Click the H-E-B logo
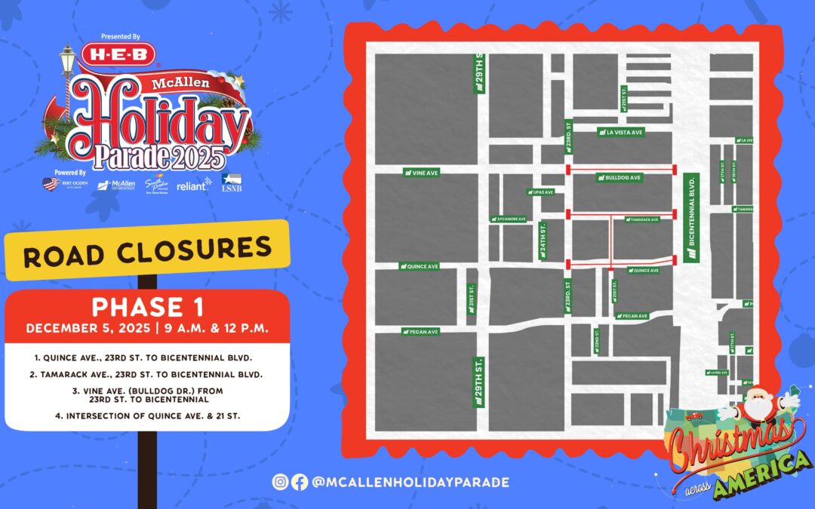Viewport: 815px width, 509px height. point(123,54)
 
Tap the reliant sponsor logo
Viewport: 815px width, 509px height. point(194,184)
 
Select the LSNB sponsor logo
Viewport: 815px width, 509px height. point(232,182)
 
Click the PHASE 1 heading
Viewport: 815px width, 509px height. point(147,308)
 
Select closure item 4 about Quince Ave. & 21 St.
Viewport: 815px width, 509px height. point(147,415)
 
